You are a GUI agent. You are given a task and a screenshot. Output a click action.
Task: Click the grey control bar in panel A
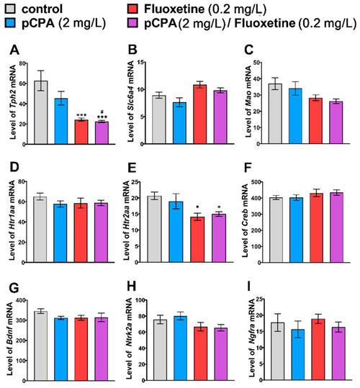click(41, 112)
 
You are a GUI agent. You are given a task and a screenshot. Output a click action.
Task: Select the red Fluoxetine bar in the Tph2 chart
click(81, 132)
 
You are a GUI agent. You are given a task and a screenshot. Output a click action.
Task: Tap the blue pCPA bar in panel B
click(179, 123)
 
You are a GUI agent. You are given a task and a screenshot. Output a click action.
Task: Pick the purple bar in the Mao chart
click(336, 122)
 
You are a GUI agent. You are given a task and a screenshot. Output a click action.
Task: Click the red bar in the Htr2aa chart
click(197, 239)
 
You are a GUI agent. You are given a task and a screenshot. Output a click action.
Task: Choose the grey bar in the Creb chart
click(276, 230)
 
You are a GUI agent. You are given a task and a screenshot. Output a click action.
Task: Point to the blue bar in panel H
click(180, 348)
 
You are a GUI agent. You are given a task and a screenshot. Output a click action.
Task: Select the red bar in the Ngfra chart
click(318, 349)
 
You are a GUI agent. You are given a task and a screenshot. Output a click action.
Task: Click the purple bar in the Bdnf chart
click(101, 349)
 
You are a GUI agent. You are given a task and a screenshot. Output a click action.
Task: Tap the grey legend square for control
click(10, 9)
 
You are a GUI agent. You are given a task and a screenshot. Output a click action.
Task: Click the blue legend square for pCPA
click(10, 22)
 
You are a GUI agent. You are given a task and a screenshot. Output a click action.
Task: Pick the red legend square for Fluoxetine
click(132, 9)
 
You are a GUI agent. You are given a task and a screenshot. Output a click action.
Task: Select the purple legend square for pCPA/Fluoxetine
click(132, 22)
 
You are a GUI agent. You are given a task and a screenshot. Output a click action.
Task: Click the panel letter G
click(14, 287)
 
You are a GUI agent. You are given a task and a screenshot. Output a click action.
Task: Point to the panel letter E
click(132, 168)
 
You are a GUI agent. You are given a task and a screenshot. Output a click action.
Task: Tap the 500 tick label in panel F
click(256, 182)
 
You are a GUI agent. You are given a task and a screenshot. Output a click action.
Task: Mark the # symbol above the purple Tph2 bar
click(102, 112)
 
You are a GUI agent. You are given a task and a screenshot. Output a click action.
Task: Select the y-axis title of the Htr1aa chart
click(12, 220)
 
